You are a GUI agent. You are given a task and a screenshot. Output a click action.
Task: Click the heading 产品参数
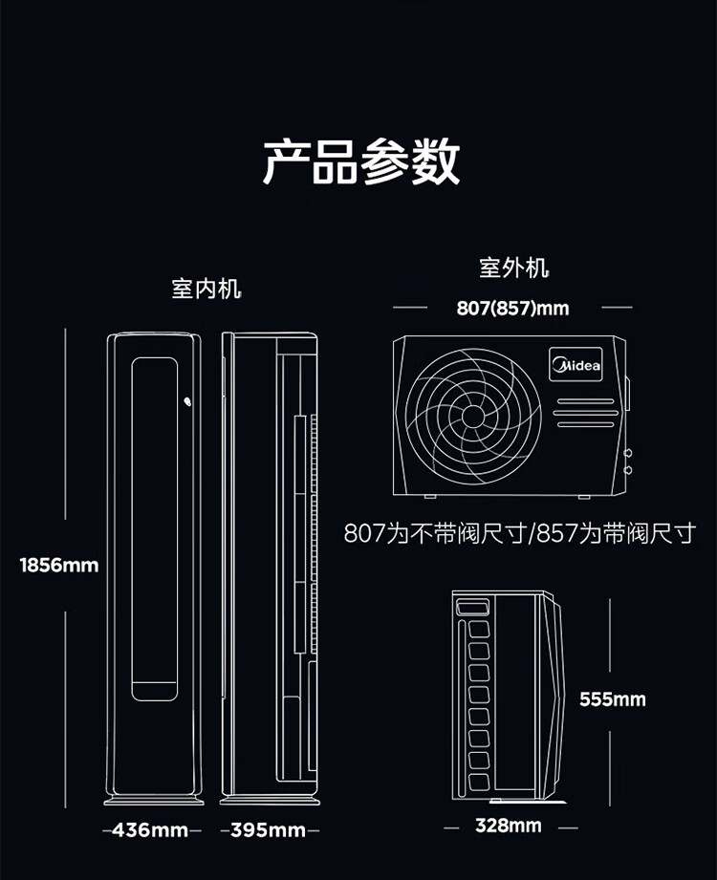coord(361,162)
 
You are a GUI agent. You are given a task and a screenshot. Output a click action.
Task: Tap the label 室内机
coord(206,289)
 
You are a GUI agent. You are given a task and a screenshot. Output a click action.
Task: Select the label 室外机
coord(513,268)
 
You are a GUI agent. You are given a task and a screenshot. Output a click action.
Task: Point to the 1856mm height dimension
coord(59,565)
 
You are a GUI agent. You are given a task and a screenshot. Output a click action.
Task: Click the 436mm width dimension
coord(150,829)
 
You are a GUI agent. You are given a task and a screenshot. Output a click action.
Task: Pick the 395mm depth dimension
coord(268,829)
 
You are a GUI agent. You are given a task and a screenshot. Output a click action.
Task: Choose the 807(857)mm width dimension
coord(512,308)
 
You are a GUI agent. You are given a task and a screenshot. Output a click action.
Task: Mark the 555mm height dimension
coord(613,699)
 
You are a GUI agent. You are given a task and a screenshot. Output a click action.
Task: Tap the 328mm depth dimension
coord(509,825)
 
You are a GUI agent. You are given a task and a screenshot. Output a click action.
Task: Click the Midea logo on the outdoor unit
coord(576,365)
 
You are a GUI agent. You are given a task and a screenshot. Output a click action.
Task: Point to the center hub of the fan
coord(473,416)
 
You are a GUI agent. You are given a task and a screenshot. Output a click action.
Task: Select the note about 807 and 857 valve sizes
coord(520,533)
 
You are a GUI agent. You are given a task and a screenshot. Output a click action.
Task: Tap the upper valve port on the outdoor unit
coord(628,452)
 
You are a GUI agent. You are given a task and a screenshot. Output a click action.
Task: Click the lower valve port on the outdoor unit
coord(628,470)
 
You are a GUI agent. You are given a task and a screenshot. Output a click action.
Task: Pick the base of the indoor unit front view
coord(154,800)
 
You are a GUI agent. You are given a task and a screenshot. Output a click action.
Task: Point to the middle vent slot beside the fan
coord(586,413)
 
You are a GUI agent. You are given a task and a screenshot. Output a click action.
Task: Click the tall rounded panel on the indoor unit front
coord(155,528)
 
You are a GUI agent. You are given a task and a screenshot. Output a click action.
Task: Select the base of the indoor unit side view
coord(270,800)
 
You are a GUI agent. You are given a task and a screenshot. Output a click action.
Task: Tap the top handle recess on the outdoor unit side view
coord(473,608)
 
